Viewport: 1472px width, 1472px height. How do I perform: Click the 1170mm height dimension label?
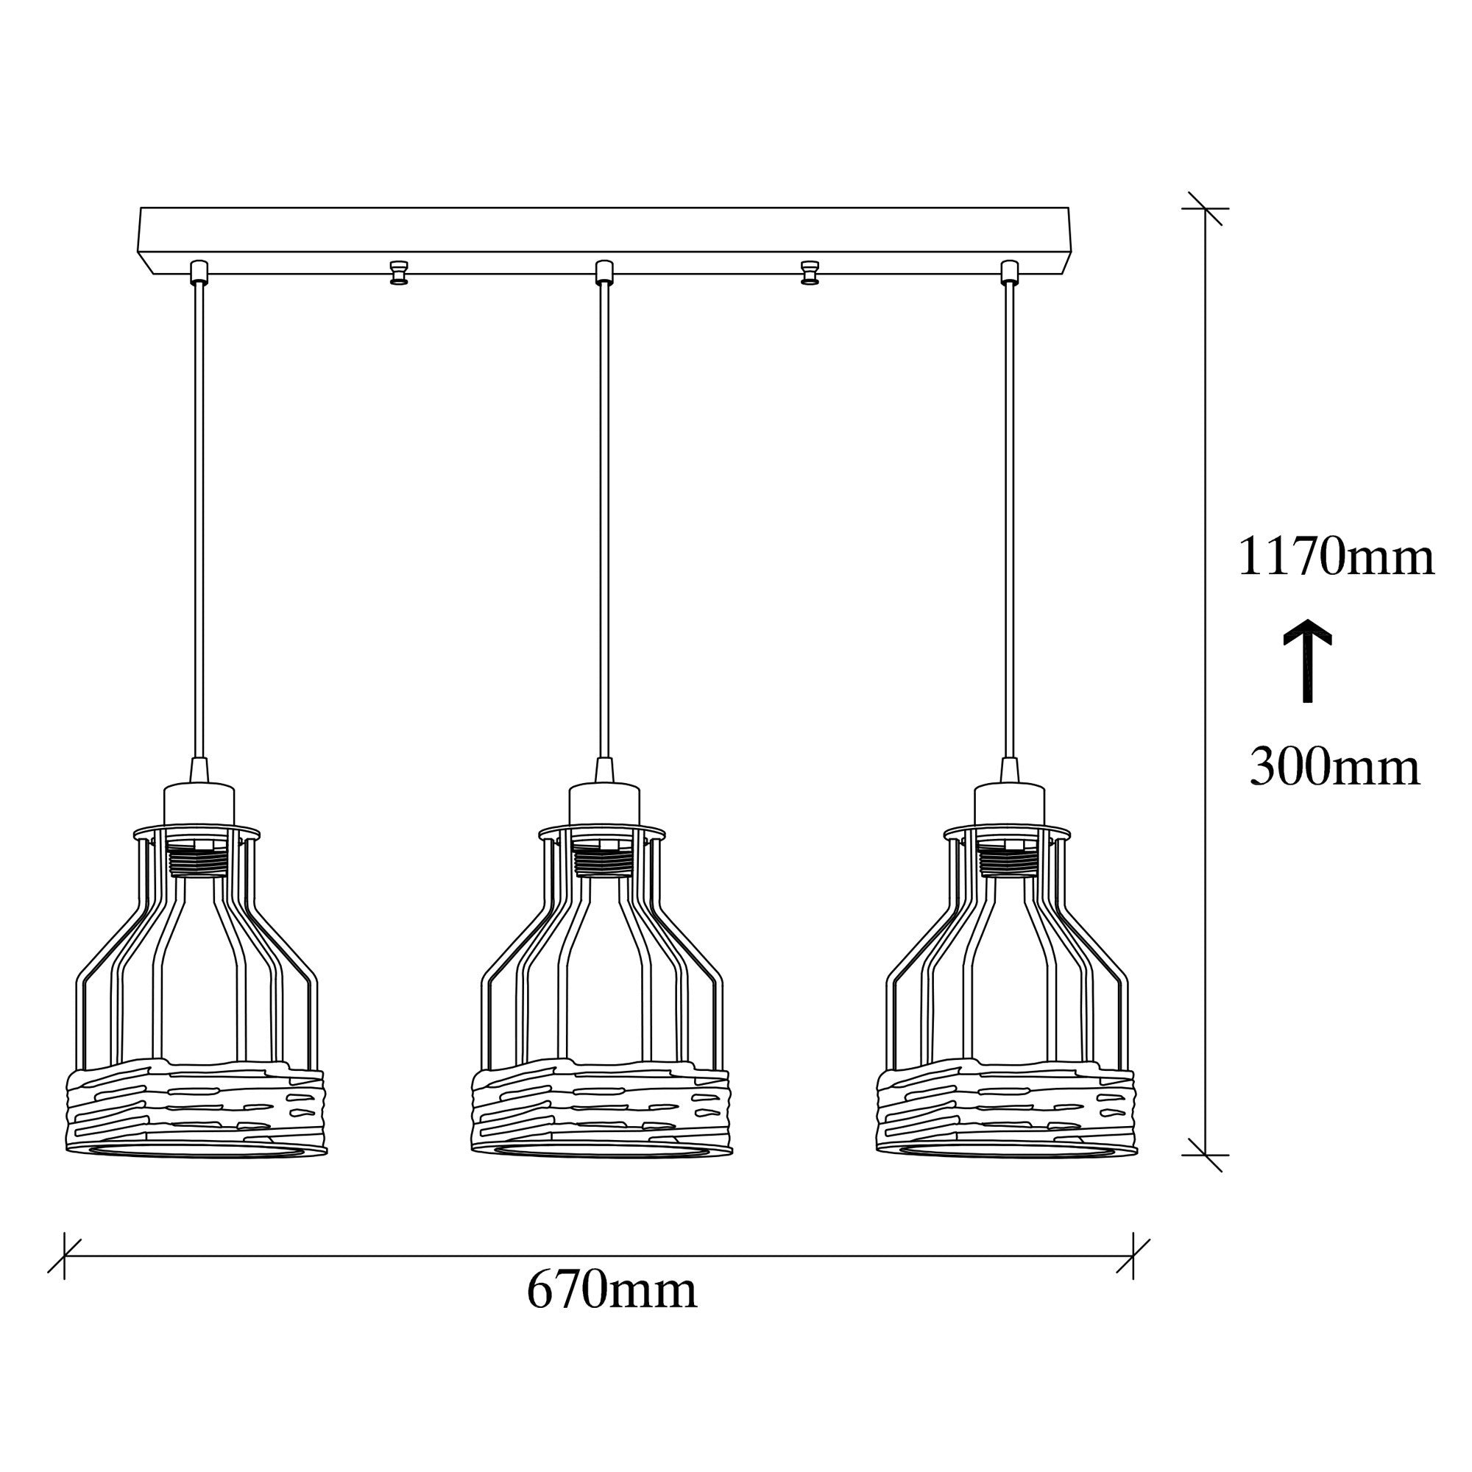(x=1336, y=557)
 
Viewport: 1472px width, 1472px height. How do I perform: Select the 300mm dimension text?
(x=1334, y=767)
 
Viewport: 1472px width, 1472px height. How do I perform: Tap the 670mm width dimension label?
(x=612, y=1291)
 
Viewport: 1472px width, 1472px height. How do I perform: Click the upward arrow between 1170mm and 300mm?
(x=1307, y=659)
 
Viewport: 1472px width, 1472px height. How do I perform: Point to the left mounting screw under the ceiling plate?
(x=398, y=272)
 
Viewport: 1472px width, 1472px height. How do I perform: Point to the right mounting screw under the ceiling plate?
(x=810, y=272)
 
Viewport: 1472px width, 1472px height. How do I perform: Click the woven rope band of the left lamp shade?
(x=197, y=1104)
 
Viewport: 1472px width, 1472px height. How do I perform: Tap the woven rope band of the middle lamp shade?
(x=602, y=1104)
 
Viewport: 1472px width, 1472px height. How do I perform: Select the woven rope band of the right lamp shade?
(x=1008, y=1104)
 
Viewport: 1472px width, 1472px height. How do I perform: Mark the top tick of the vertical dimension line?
(x=1205, y=208)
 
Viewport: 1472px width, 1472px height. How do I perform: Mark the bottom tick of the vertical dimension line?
(x=1205, y=1155)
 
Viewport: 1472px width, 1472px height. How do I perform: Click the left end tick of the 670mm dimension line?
(x=65, y=1256)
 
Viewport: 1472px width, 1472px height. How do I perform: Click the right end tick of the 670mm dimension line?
(x=1133, y=1256)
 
